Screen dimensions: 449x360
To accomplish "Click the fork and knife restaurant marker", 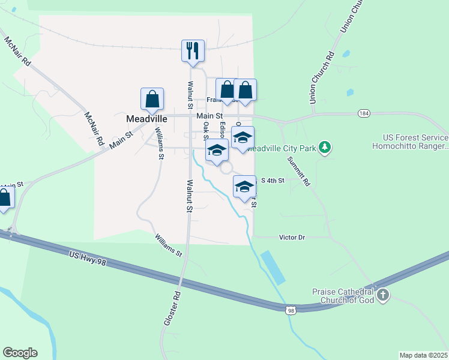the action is [x=193, y=50].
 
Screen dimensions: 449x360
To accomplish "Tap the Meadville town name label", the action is [x=146, y=119].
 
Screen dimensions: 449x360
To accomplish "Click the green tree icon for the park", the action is [x=325, y=147].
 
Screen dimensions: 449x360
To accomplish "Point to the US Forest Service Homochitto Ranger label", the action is [x=410, y=142].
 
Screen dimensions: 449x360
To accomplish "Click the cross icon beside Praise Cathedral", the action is [x=383, y=295].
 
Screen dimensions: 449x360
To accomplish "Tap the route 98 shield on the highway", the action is [x=291, y=310].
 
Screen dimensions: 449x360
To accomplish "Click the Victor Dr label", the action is [x=292, y=238].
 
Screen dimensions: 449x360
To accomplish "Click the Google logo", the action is [x=20, y=353].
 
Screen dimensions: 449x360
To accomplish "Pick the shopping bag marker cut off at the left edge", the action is [x=4, y=199].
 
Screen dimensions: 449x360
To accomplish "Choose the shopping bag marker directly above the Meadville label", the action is [x=152, y=99].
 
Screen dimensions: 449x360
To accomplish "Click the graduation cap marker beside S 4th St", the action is [x=244, y=187].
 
